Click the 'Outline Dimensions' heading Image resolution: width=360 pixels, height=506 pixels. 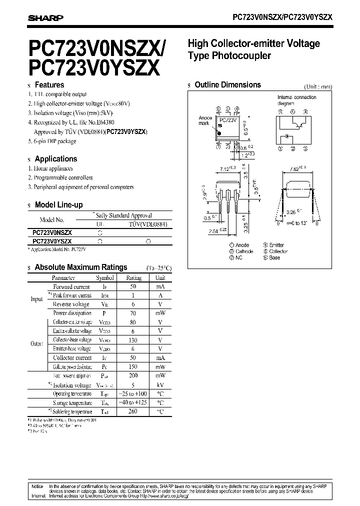[x=227, y=84]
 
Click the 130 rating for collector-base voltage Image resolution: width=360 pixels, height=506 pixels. [x=133, y=339]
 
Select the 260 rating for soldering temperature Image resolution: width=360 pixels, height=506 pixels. [x=133, y=411]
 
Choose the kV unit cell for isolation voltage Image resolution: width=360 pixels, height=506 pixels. [x=160, y=385]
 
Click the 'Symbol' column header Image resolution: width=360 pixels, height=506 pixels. [x=105, y=277]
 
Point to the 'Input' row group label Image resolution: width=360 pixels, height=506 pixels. [x=37, y=299]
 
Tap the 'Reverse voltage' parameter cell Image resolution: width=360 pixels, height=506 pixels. [x=71, y=304]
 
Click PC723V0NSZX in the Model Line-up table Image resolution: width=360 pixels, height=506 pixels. [x=52, y=232]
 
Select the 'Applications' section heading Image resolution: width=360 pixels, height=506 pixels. [x=55, y=159]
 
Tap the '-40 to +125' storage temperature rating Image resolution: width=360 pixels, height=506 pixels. [x=133, y=402]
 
